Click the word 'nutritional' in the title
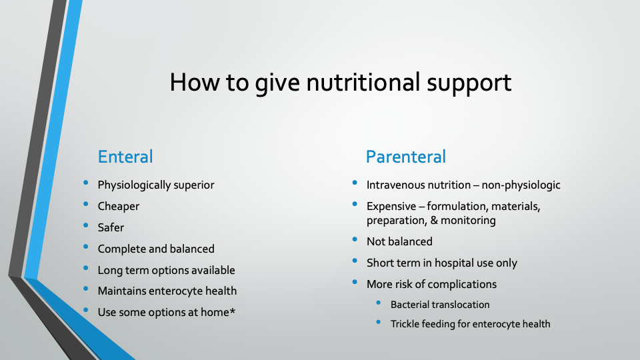click(363, 82)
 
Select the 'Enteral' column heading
click(125, 157)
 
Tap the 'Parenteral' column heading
click(406, 157)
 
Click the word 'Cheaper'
click(119, 207)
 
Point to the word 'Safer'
click(111, 227)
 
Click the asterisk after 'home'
click(232, 311)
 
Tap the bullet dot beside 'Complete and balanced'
click(86, 247)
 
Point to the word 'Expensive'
click(391, 207)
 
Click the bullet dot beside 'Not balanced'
click(355, 239)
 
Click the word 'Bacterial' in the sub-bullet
click(409, 305)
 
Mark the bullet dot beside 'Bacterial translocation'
click(379, 303)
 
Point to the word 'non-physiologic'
click(521, 185)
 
